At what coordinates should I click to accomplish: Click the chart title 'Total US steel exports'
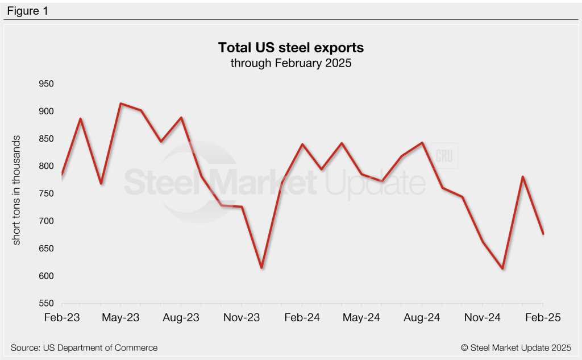coord(290,47)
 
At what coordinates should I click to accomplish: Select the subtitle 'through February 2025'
coord(290,63)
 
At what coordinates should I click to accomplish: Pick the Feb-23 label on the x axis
coord(62,318)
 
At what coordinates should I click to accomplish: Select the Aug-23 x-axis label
coord(181,318)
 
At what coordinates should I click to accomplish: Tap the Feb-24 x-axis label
coord(302,318)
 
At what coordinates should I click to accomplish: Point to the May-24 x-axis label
coord(362,318)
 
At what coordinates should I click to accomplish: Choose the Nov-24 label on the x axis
coord(483,318)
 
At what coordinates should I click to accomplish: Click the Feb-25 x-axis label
coord(543,318)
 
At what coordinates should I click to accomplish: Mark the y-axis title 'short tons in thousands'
coord(16,191)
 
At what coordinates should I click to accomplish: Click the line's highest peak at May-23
coord(121,104)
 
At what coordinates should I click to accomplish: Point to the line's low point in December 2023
coord(261,268)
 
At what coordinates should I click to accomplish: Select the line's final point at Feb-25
coord(543,234)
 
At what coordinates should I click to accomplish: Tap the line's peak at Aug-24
coord(422,143)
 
